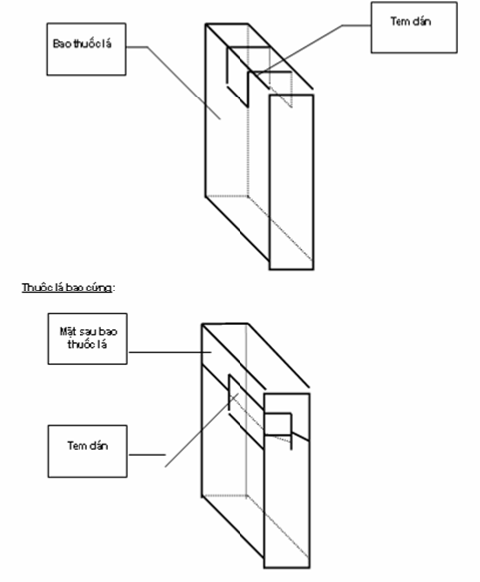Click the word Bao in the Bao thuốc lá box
point(62,44)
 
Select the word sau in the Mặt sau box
point(87,332)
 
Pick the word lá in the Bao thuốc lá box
point(106,44)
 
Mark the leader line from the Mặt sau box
point(170,352)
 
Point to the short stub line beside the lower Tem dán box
point(147,454)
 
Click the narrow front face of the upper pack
point(292,182)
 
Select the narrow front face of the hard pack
point(287,481)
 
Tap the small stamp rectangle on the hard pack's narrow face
point(278,424)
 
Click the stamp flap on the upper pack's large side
point(238,77)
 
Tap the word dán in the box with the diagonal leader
point(420,21)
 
